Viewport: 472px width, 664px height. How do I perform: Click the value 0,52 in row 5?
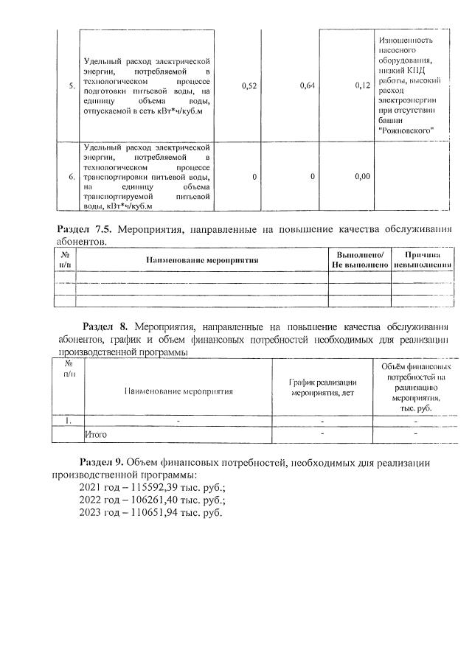click(x=249, y=86)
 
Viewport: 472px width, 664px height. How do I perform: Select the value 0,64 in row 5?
click(x=308, y=86)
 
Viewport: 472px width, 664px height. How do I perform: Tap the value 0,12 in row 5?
click(x=361, y=86)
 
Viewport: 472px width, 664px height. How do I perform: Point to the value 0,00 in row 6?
click(x=361, y=177)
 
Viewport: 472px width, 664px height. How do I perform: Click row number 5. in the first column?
click(x=71, y=86)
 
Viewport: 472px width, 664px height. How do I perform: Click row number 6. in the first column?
click(x=71, y=177)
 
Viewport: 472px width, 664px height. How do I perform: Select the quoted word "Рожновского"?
click(x=404, y=130)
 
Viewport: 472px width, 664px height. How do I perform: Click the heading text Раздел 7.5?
click(x=86, y=229)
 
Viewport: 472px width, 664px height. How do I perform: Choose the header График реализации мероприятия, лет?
click(x=322, y=387)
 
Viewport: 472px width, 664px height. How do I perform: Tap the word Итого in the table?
click(x=97, y=434)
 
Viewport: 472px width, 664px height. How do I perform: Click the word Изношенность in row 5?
click(x=406, y=40)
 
